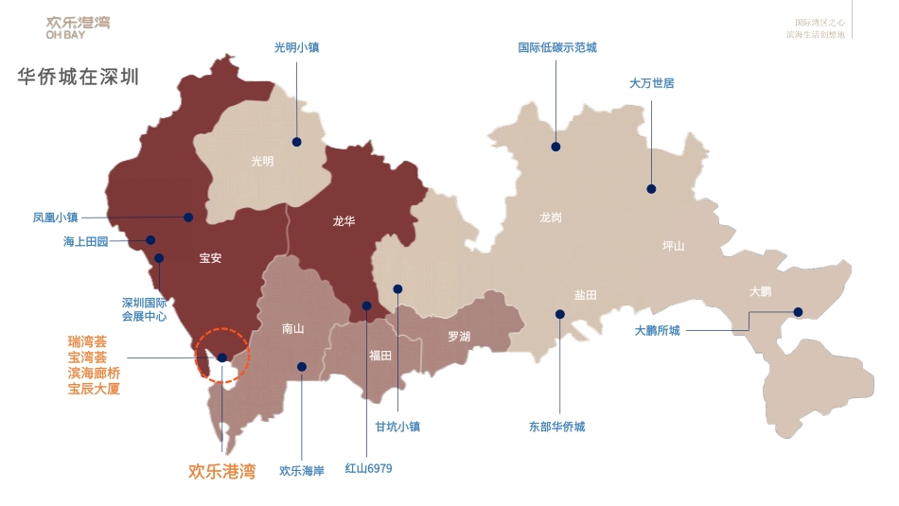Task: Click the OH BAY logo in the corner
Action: coord(78,27)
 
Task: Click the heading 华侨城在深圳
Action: coord(79,77)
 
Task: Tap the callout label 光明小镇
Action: coord(296,47)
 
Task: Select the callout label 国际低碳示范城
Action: coord(557,47)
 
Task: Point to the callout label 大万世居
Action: coord(651,83)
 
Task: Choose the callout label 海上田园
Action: coord(86,241)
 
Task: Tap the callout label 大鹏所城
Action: coord(657,331)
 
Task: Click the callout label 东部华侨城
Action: coord(556,427)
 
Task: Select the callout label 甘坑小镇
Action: coord(397,427)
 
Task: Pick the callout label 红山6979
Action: coord(368,468)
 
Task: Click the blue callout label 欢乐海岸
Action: coord(302,470)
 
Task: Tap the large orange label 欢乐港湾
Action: coord(221,470)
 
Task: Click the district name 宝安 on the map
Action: coord(210,258)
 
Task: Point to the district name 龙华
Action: coord(344,220)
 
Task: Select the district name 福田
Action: coord(380,356)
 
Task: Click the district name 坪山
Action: coord(673,246)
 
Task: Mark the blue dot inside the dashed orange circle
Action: coord(221,358)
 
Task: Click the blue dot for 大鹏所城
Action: coord(798,312)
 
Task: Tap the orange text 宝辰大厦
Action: coord(94,389)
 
